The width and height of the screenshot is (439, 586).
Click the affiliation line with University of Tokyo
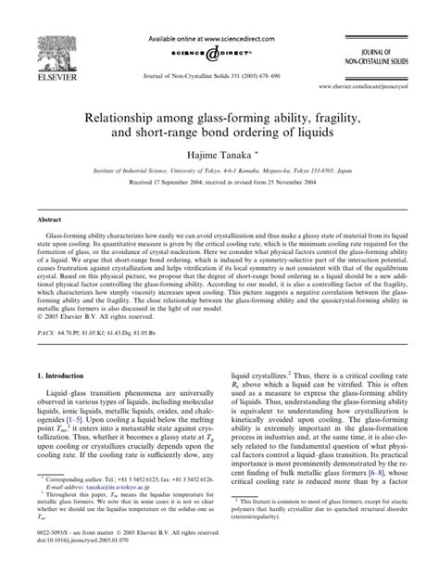[x=219, y=183]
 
